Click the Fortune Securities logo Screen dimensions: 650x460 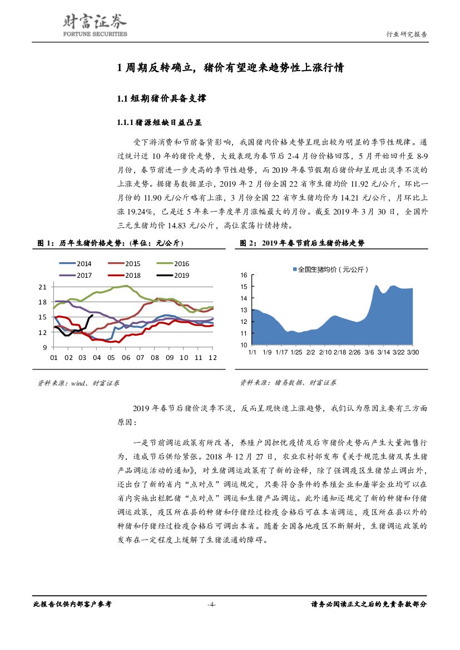tap(93, 25)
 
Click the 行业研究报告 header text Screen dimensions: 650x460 tap(407, 34)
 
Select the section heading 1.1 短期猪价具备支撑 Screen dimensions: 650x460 tap(154, 99)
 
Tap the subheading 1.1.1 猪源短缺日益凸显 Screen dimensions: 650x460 tap(155, 122)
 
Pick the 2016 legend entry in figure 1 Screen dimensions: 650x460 tap(172, 264)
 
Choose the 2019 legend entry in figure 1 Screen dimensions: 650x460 tap(172, 275)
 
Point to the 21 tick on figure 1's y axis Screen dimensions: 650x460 tap(42, 287)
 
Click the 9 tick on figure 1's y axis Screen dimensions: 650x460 tap(44, 347)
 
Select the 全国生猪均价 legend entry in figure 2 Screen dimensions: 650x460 tap(330, 269)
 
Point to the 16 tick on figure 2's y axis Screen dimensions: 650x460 tap(244, 275)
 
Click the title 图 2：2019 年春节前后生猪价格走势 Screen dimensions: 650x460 tap(302, 243)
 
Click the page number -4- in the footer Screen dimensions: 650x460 tap(211, 604)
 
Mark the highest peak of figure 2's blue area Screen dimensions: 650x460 tap(376, 285)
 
